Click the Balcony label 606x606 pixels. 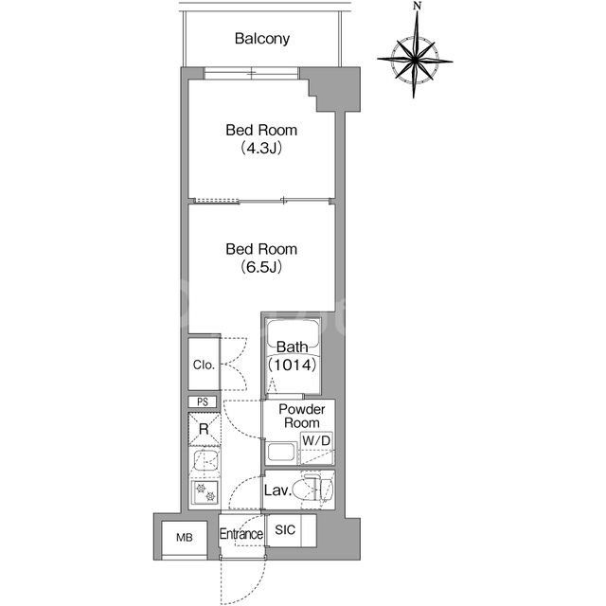tap(262, 39)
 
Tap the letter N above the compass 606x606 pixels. tap(417, 6)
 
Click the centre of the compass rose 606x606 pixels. tap(415, 60)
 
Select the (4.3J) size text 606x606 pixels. tap(261, 148)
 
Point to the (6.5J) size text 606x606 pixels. tap(261, 267)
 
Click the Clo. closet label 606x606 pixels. tap(204, 365)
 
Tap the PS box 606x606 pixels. tap(203, 401)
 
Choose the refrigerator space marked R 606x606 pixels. tap(205, 429)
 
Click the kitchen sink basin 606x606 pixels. tap(205, 460)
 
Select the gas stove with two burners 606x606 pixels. tap(205, 492)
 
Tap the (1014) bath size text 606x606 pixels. tap(293, 365)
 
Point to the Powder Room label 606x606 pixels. tap(302, 416)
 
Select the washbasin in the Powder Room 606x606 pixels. tap(281, 453)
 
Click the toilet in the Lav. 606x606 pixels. tap(313, 490)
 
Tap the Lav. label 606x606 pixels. tap(277, 490)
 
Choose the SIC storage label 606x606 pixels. tap(285, 530)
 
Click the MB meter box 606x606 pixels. tap(185, 538)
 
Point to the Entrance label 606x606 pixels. tap(241, 534)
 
